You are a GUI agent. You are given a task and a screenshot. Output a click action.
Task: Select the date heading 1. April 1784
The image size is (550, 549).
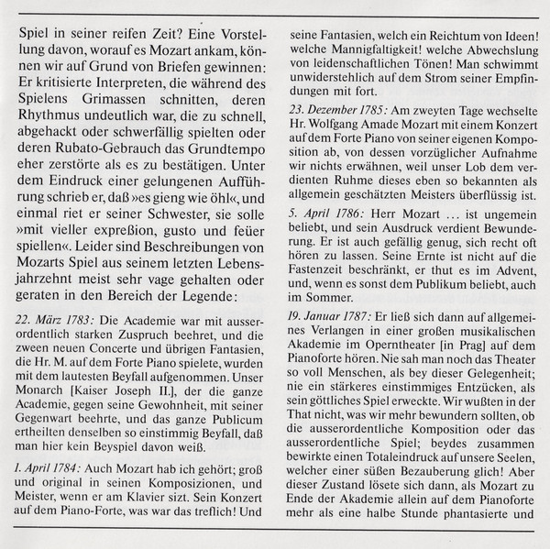coord(55,466)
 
